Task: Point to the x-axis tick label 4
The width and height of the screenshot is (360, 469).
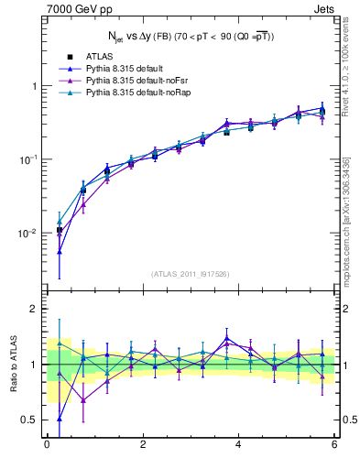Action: click(x=238, y=444)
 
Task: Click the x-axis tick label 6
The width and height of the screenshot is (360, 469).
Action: click(x=334, y=444)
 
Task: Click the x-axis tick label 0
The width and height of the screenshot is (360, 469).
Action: click(x=47, y=444)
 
